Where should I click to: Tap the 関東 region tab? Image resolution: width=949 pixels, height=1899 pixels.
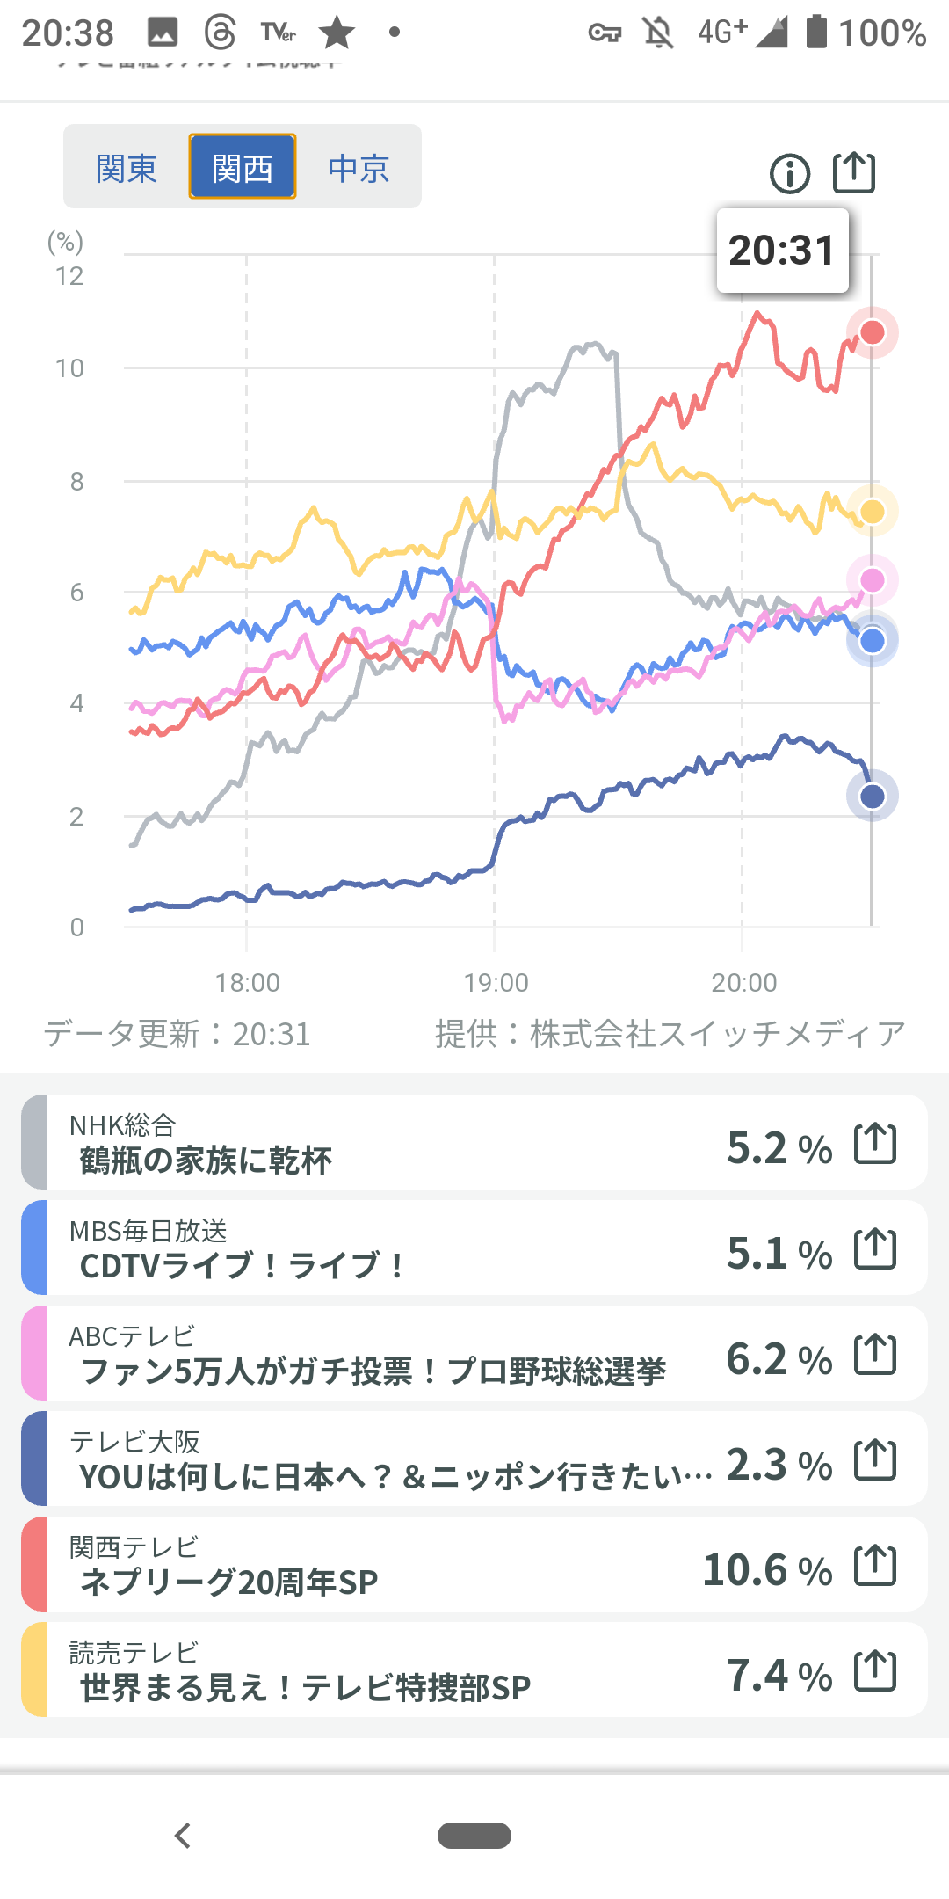(127, 167)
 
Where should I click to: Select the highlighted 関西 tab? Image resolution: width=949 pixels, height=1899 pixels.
(243, 167)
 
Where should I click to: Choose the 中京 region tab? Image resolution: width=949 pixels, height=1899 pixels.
(359, 167)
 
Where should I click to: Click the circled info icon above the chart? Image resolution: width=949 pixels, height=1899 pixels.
(790, 173)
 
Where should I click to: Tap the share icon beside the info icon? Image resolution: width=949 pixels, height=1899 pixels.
(854, 172)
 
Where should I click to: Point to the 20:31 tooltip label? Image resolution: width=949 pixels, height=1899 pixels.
(782, 251)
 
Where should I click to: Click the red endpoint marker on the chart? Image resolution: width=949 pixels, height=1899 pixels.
(873, 332)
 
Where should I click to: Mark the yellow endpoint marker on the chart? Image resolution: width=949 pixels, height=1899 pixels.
(873, 512)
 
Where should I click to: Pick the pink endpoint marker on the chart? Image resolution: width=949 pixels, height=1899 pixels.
(873, 580)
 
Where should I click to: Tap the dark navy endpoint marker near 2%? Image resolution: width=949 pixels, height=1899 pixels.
(873, 797)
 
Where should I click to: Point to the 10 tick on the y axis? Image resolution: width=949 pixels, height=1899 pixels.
(70, 368)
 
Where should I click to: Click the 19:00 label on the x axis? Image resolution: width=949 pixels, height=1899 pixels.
(496, 982)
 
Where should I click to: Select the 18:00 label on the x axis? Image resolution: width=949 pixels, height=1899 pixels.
(248, 982)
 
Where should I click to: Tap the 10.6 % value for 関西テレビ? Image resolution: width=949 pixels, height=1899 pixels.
(767, 1570)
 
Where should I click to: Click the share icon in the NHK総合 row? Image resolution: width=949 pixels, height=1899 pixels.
(876, 1144)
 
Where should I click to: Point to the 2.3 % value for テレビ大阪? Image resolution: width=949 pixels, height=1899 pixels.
(779, 1465)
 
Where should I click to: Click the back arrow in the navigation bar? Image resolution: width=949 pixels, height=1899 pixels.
(183, 1836)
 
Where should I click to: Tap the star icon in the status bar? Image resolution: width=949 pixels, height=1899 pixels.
(337, 33)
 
